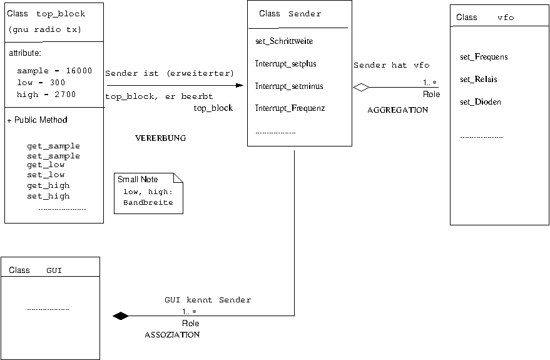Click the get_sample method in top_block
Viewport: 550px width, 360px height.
point(53,146)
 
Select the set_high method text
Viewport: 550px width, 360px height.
point(48,196)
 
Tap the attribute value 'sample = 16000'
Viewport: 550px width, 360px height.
point(54,71)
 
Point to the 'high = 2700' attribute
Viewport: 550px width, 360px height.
point(46,95)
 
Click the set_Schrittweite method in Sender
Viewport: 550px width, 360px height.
point(284,41)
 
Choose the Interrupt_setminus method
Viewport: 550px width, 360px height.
point(289,86)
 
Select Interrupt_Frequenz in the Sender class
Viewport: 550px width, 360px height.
point(290,108)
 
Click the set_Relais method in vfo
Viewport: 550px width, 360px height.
point(479,80)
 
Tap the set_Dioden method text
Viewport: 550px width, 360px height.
point(481,101)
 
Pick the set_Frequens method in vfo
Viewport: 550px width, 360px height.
point(484,57)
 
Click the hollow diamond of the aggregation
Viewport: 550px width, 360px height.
point(361,88)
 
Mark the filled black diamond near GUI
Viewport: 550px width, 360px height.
point(120,316)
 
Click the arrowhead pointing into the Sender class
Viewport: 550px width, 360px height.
point(240,85)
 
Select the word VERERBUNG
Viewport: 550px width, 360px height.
point(160,138)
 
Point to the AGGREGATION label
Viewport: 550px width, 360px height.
point(397,110)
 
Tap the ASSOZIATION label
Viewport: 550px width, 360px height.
point(172,335)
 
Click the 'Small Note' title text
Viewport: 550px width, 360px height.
point(138,180)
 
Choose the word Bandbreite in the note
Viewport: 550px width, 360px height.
point(148,203)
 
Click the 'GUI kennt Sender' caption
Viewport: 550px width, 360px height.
point(208,300)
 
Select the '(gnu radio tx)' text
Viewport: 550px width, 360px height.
point(45,30)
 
